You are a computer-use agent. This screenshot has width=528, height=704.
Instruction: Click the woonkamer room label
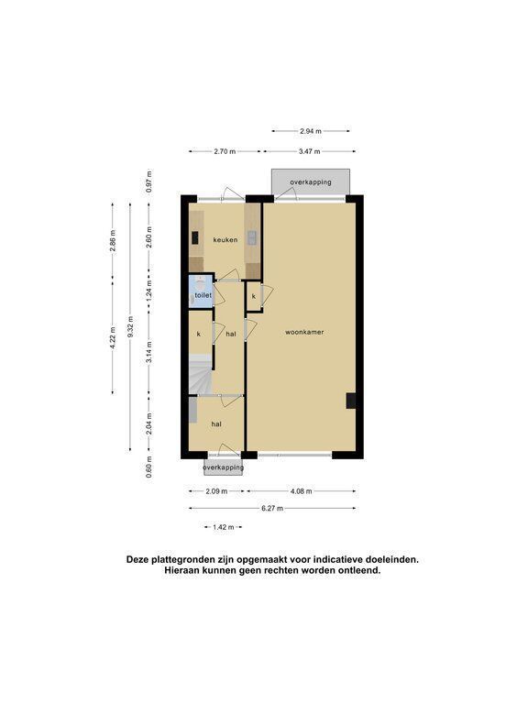pyautogui.click(x=304, y=332)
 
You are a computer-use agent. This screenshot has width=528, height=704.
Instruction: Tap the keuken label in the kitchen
pyautogui.click(x=225, y=240)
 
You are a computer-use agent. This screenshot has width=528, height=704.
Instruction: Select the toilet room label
pyautogui.click(x=203, y=295)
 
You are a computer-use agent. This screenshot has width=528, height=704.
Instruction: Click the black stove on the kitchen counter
pyautogui.click(x=195, y=237)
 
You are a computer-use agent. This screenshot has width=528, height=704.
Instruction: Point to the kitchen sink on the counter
pyautogui.click(x=252, y=237)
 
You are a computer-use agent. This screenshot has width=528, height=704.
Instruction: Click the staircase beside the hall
pyautogui.click(x=200, y=374)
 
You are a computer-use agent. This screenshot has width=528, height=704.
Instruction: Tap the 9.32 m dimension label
pyautogui.click(x=130, y=326)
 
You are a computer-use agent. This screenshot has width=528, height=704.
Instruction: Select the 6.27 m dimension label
pyautogui.click(x=272, y=508)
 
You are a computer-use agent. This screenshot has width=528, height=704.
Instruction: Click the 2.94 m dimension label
pyautogui.click(x=311, y=131)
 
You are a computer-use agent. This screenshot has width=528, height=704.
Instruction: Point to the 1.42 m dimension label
pyautogui.click(x=223, y=527)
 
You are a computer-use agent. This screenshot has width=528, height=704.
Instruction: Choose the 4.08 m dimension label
pyautogui.click(x=301, y=491)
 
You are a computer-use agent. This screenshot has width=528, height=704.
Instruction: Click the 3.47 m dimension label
pyautogui.click(x=309, y=151)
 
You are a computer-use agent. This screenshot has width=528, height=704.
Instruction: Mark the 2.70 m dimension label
pyautogui.click(x=225, y=151)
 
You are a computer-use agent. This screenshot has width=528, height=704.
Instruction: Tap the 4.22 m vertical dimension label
pyautogui.click(x=112, y=337)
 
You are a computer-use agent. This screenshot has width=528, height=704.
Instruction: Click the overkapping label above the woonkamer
pyautogui.click(x=311, y=182)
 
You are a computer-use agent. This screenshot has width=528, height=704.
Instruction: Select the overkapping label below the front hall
pyautogui.click(x=223, y=467)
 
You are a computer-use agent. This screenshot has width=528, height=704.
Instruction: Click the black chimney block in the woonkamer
pyautogui.click(x=351, y=401)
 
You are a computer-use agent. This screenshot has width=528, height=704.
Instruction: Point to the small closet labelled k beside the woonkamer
pyautogui.click(x=254, y=296)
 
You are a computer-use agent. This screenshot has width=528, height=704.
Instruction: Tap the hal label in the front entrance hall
pyautogui.click(x=216, y=423)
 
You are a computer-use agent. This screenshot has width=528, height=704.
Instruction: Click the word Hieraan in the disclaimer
pyautogui.click(x=181, y=571)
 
